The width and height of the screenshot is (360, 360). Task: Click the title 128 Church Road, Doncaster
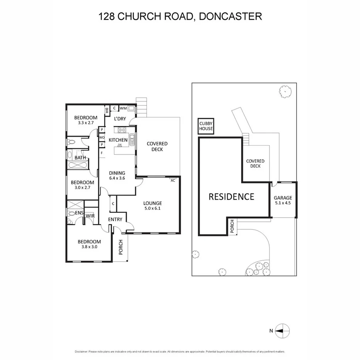[x=180, y=16]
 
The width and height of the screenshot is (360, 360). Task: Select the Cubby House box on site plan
[x=206, y=126]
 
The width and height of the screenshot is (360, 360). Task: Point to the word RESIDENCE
[x=231, y=197]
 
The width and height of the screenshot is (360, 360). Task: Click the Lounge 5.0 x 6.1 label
[x=153, y=205]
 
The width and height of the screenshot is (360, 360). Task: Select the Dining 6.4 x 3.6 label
[x=117, y=175]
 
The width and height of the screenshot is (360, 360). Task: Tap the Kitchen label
[x=118, y=140]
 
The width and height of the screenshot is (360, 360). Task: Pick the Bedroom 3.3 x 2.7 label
[x=86, y=120]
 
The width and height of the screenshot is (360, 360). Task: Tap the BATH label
[x=80, y=158]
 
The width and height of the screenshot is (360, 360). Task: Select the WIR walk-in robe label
[x=90, y=216]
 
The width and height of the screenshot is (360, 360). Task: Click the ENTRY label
[x=115, y=219]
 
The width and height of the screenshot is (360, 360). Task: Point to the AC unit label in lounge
[x=173, y=180]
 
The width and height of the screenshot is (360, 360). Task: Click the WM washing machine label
[x=124, y=109]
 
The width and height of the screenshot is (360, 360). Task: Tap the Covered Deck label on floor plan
[x=157, y=146]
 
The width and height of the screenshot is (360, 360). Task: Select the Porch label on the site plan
[x=232, y=226]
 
